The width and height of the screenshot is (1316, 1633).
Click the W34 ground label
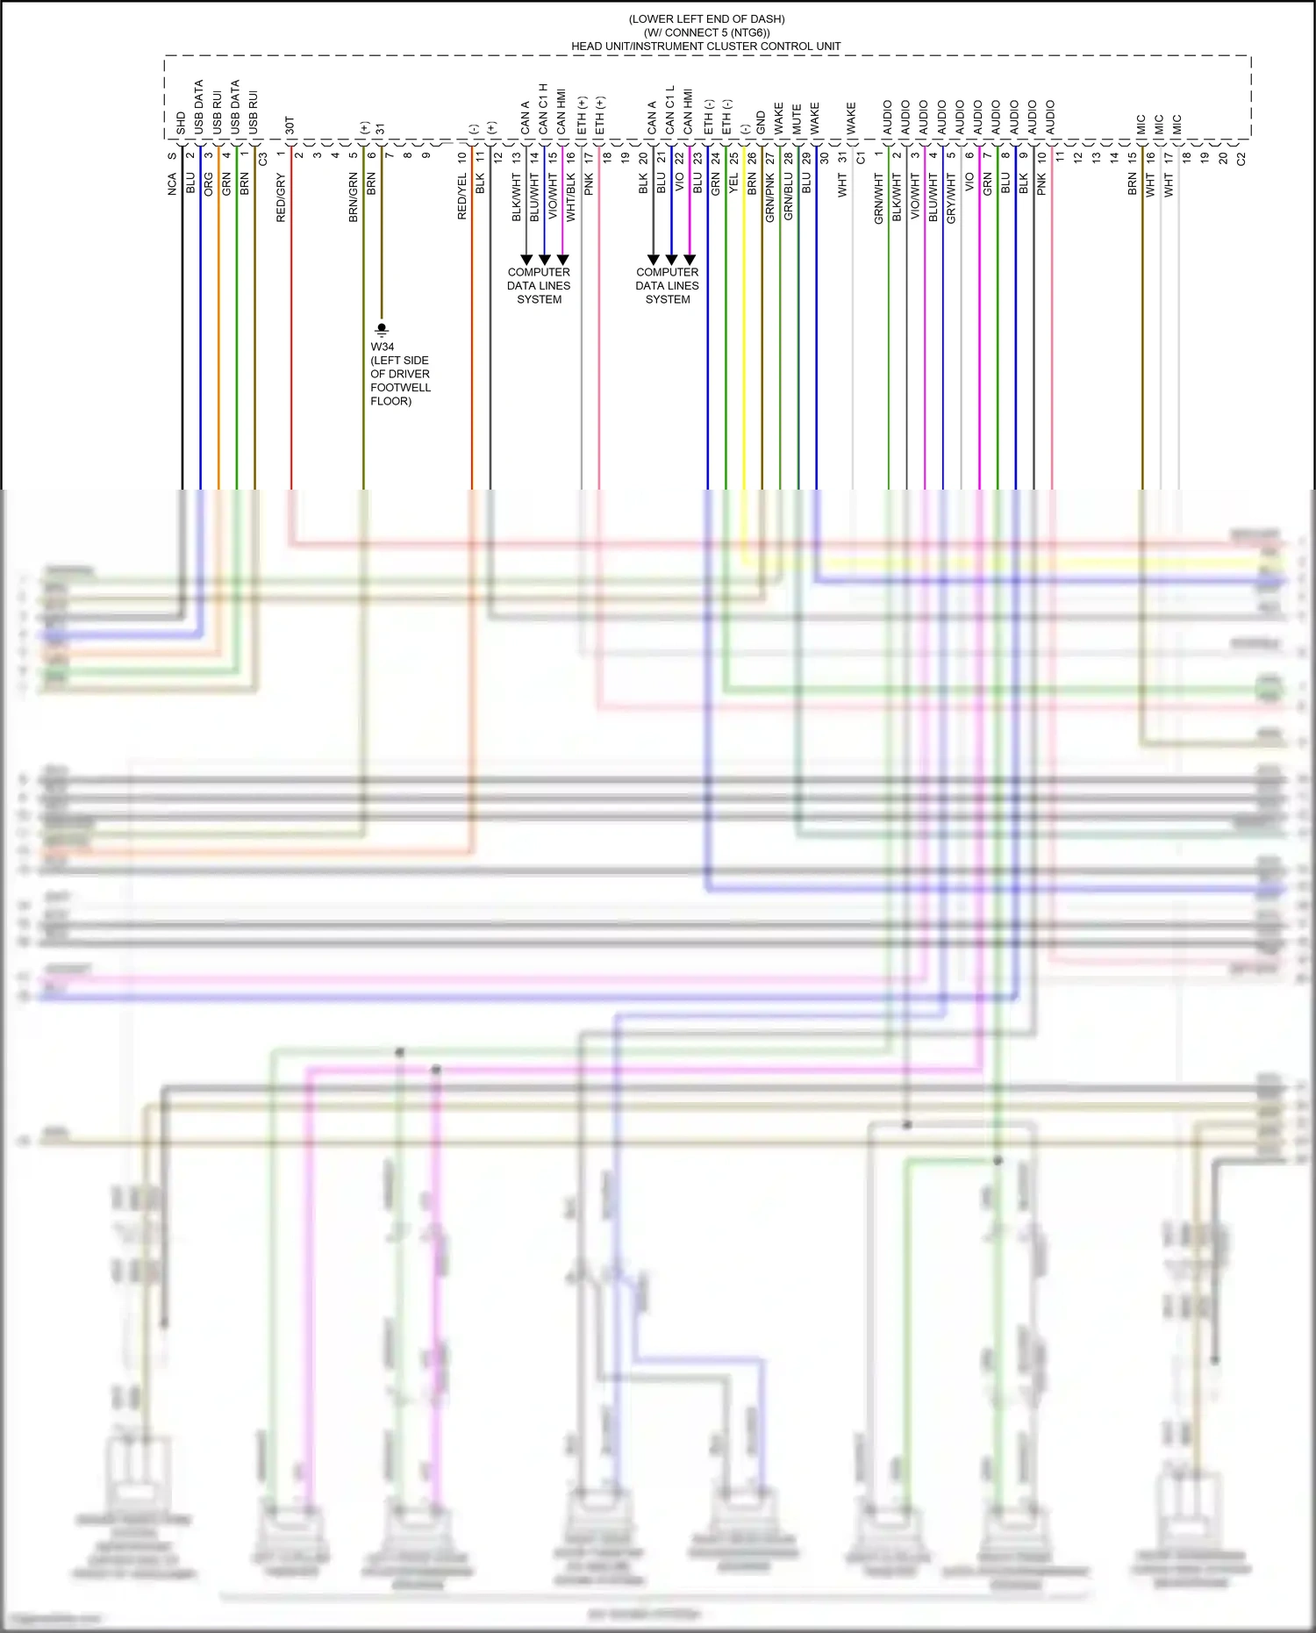(x=383, y=347)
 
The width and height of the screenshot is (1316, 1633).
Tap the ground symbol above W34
(x=382, y=329)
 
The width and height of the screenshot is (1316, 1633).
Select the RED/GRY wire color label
(x=281, y=197)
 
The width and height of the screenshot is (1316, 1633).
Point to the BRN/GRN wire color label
(x=354, y=197)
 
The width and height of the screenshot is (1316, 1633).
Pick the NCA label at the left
(x=172, y=183)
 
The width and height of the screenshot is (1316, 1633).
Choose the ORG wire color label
(x=209, y=183)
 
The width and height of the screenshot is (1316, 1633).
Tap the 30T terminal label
(x=290, y=125)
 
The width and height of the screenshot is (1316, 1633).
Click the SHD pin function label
(x=181, y=123)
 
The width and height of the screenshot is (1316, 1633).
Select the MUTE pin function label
(x=797, y=119)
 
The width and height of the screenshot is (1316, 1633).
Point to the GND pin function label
(x=761, y=122)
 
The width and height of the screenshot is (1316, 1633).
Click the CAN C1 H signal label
(x=543, y=109)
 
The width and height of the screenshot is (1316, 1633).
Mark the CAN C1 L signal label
(x=670, y=110)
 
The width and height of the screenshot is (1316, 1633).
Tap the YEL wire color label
(x=733, y=184)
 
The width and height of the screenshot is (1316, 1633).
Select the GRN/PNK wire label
(x=770, y=197)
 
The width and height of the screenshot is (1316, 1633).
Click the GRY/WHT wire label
(x=951, y=197)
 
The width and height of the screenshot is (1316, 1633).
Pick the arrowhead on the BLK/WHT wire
(x=526, y=260)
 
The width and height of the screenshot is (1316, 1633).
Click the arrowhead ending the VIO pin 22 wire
(x=690, y=260)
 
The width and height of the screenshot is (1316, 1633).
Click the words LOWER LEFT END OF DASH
(x=706, y=19)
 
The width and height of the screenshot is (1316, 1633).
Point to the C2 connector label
(x=1241, y=159)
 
